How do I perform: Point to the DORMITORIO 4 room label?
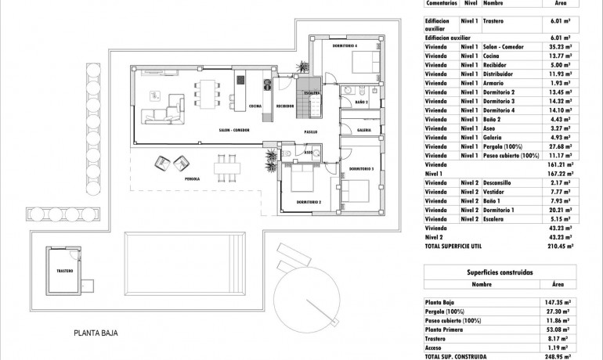(345, 45)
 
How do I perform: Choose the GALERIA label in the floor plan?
(364, 130)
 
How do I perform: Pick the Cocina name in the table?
(493, 56)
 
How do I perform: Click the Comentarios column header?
(441, 4)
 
